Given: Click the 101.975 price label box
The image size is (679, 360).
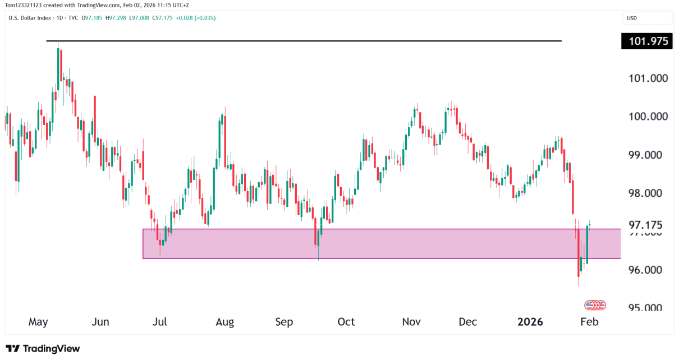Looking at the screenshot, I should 646,41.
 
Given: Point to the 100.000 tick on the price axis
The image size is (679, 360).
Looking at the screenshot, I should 648,117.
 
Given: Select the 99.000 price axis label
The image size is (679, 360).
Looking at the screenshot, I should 648,155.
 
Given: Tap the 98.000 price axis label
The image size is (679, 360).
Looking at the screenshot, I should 648,193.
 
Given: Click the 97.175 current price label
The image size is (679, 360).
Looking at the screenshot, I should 645,225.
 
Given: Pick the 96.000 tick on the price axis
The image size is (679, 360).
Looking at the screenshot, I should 648,270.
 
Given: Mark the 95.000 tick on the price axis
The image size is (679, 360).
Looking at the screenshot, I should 648,308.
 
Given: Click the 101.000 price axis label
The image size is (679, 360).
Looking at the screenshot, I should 648,79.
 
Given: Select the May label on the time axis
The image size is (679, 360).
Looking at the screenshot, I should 38,322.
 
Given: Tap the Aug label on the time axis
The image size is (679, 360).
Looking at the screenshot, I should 224,322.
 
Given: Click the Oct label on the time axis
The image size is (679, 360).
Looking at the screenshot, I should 346,322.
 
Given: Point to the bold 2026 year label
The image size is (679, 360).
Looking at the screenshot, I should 530,322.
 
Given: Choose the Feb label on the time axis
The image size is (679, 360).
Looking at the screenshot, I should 589,322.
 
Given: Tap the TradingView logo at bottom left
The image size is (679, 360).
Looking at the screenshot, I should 43,348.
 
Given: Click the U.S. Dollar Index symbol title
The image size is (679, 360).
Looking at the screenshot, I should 30,18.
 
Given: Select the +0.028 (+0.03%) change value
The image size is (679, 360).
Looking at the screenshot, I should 196,18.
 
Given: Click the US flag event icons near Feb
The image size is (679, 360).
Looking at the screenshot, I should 595,305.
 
